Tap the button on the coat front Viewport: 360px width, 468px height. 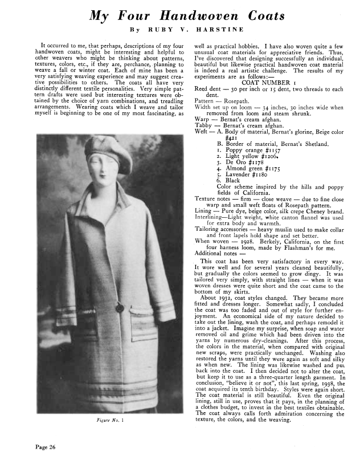(120, 308)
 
